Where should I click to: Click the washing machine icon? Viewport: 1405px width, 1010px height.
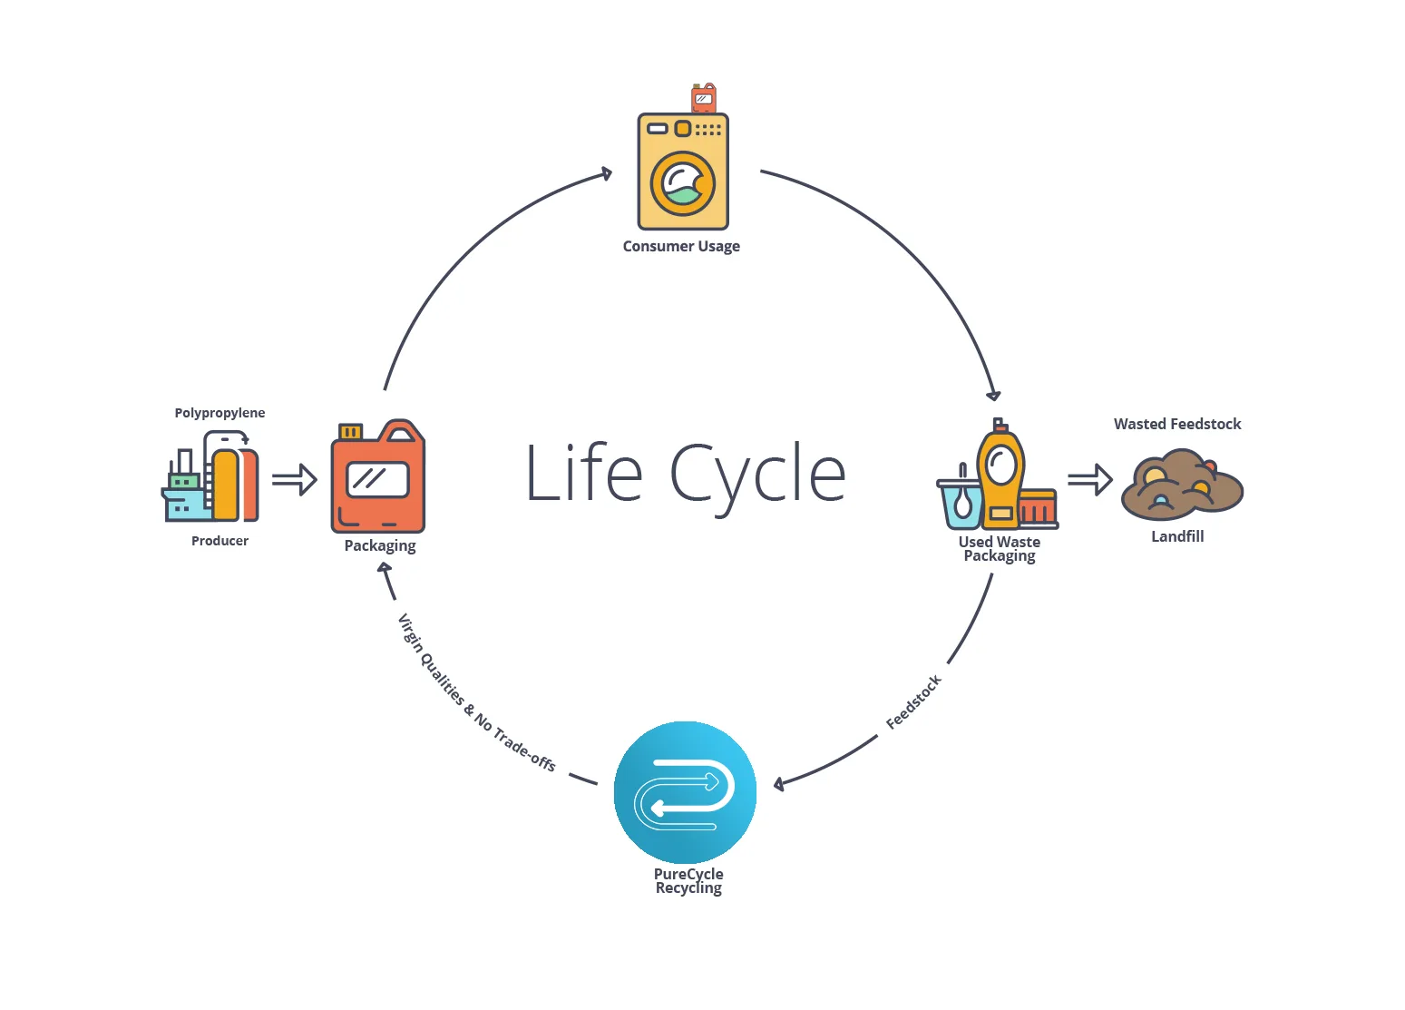point(683,172)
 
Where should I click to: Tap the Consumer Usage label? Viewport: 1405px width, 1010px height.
point(681,246)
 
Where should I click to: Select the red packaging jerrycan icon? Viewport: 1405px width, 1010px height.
point(377,477)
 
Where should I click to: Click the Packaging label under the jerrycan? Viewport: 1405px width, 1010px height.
point(380,545)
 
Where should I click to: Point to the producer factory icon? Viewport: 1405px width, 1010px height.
point(211,476)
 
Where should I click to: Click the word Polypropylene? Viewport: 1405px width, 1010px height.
point(220,413)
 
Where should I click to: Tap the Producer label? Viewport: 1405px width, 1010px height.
point(220,541)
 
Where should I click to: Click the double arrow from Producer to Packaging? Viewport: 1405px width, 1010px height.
point(294,479)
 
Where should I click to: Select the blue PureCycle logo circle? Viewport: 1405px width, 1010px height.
point(685,792)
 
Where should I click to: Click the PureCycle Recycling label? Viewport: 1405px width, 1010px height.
point(688,881)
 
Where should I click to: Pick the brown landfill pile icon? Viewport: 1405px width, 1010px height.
point(1182,485)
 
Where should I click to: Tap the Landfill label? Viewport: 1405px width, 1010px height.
point(1177,536)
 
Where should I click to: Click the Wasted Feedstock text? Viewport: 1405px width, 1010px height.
point(1177,424)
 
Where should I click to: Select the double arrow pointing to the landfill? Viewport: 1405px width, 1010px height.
point(1089,479)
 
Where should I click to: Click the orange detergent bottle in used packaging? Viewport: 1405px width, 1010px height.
point(1000,476)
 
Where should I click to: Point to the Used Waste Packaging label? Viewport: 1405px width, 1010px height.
point(1000,549)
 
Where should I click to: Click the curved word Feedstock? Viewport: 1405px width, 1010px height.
point(914,701)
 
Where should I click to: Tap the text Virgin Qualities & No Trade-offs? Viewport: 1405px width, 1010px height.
point(476,692)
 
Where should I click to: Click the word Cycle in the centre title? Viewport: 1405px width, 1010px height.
point(757,474)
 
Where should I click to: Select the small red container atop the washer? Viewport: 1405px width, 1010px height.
point(704,98)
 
